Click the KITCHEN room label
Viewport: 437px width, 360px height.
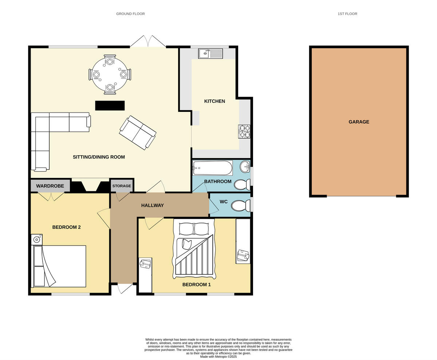pos(214,101)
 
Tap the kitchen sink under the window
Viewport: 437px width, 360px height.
pos(210,54)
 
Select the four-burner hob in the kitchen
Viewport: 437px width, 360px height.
pos(244,132)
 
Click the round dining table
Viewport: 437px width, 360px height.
pos(110,74)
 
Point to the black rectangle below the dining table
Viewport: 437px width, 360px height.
pos(110,106)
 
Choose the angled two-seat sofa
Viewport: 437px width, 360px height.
pos(138,132)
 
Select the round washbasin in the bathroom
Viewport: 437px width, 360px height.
pos(245,167)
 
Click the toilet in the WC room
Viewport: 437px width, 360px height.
pos(240,206)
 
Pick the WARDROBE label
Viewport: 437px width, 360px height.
pos(50,186)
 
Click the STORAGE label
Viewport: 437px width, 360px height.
pos(122,186)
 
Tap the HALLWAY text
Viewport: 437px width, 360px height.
pos(153,206)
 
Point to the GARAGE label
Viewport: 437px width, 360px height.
pos(359,122)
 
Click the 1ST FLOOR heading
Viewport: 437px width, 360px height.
pos(347,14)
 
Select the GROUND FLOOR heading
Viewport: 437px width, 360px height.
pos(130,14)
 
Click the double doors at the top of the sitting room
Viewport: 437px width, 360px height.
pos(148,42)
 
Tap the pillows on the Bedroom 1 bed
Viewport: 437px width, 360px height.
pos(194,229)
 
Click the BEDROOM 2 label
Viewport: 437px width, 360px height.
pos(66,227)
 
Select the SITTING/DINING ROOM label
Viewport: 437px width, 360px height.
pos(99,157)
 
